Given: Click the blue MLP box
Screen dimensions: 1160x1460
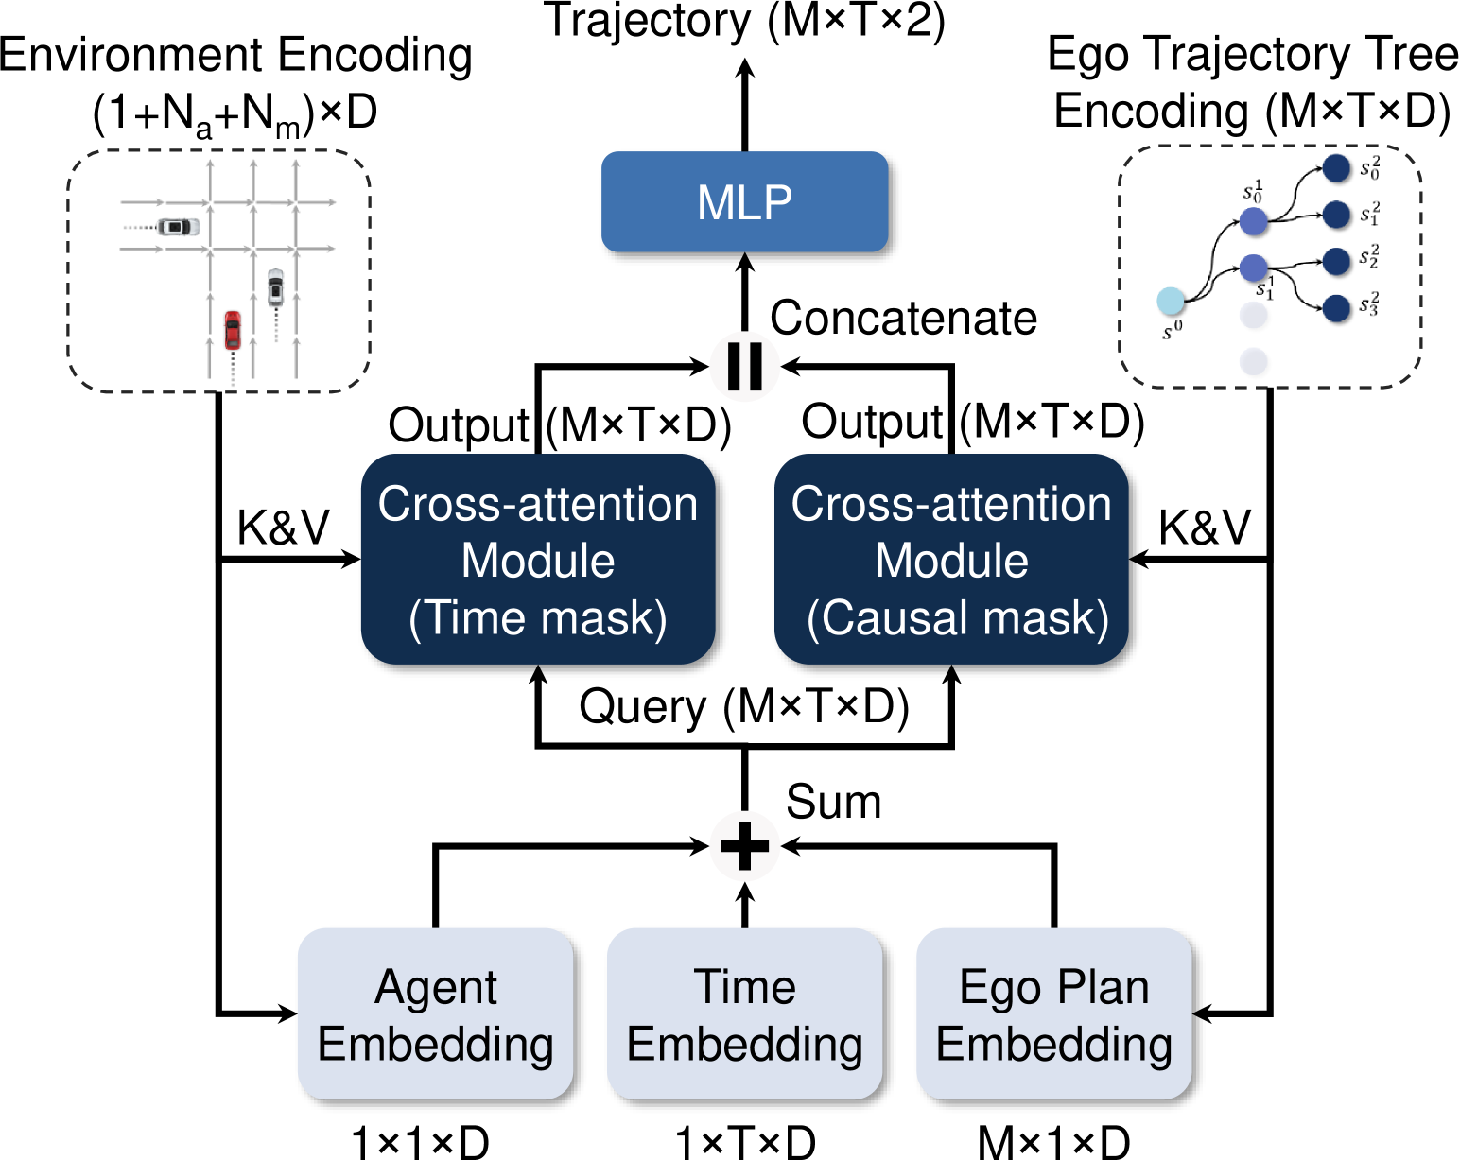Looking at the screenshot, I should pos(744,201).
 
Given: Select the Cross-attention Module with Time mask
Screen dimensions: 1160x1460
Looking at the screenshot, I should pos(538,560).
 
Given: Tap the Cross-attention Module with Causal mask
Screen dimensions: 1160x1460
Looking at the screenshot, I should pos(951,560).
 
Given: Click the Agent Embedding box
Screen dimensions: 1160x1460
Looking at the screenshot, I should pos(436,1014).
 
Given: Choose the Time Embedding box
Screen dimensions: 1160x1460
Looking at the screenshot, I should pos(744,1014).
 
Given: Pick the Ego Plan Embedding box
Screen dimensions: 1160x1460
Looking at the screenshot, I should pos(1053,1014).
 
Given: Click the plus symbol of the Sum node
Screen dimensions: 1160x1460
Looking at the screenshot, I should pos(744,845).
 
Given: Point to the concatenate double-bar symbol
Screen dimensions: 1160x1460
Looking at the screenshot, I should pos(744,365).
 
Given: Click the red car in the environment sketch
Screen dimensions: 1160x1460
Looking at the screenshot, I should pos(233,330).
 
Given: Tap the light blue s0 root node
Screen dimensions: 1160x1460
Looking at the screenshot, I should pos(1171,302).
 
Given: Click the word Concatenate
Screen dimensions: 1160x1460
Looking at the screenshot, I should pos(903,319).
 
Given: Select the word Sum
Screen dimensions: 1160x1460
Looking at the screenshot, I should pos(833,802).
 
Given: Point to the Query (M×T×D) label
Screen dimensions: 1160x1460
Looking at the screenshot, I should pos(744,706).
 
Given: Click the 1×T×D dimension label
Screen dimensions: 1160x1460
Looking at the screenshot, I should pos(744,1142).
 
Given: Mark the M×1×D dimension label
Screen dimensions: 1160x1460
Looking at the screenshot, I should pos(1053,1142).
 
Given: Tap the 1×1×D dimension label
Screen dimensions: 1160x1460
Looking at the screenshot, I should pos(420,1142).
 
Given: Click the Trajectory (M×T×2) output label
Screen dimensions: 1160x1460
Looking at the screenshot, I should pos(744,21).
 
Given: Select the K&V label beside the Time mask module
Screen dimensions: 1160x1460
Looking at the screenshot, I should pos(283,527).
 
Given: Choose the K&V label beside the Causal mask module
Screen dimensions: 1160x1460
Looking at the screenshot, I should pos(1205,527).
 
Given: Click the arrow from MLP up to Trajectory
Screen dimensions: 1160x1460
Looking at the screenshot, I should pos(745,104).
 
